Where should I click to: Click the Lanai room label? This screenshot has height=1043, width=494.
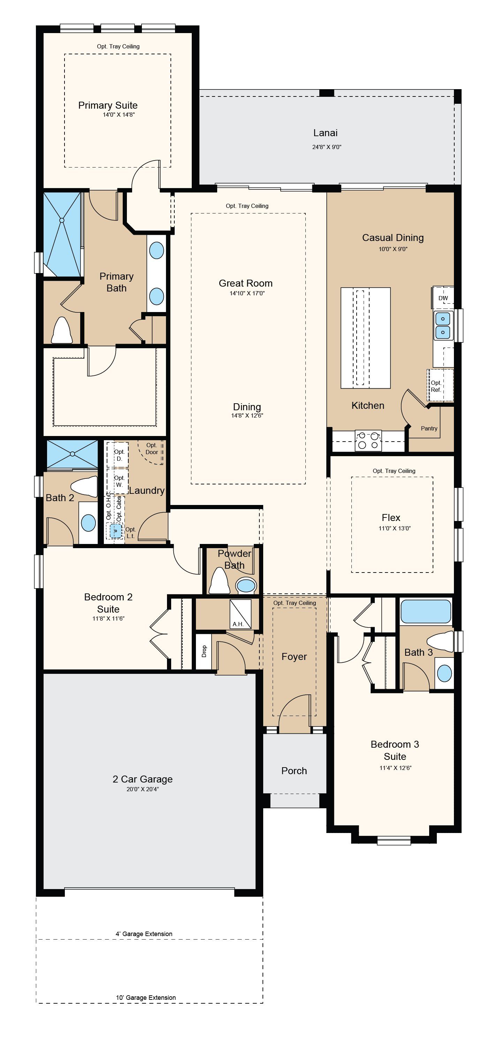point(325,133)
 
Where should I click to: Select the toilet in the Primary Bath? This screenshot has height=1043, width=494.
point(62,330)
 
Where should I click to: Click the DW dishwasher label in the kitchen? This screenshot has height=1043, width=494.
point(443,298)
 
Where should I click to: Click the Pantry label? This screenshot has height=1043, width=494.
point(429,428)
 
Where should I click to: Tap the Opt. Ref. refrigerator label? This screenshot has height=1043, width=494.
point(436,386)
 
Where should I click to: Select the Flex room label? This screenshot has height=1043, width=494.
point(391,517)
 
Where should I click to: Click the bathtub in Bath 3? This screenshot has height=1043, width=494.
point(426,611)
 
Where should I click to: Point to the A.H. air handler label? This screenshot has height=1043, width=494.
point(238,624)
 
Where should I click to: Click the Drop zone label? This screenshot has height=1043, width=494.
point(204,651)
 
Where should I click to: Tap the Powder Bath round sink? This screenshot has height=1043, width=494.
point(246,585)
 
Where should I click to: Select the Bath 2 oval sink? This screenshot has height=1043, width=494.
point(88,523)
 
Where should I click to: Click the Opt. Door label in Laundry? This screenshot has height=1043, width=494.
point(152,449)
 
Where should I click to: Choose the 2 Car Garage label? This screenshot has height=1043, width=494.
point(143,779)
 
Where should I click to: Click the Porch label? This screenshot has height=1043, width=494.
point(294,771)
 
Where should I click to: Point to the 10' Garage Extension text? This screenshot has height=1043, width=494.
point(146,997)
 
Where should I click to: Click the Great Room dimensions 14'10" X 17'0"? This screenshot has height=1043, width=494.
point(247,293)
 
